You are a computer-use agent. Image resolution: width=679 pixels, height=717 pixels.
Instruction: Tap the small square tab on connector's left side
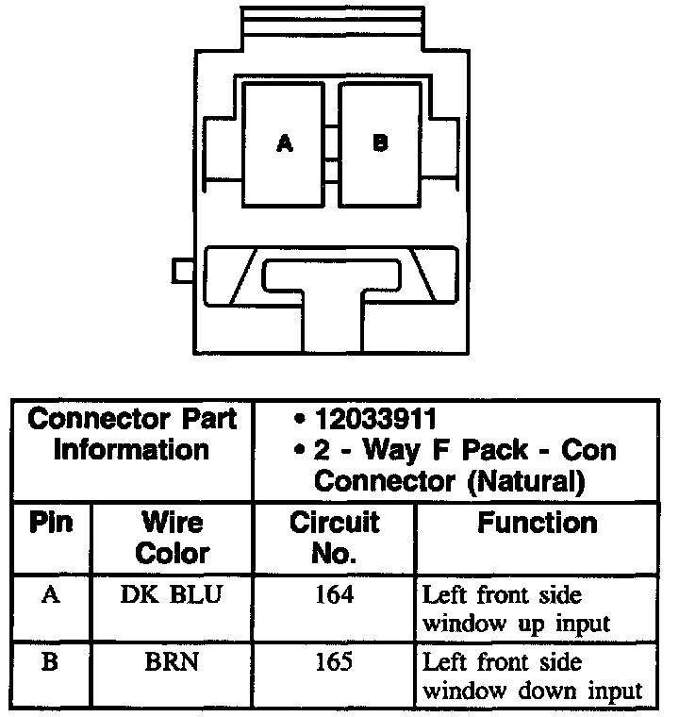click(183, 270)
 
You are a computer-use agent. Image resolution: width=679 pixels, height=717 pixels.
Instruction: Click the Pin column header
click(52, 523)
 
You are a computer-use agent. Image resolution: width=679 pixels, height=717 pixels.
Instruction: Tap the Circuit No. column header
click(334, 537)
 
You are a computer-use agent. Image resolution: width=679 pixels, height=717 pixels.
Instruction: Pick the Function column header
click(537, 523)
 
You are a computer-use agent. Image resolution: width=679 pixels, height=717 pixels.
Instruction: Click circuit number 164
click(334, 596)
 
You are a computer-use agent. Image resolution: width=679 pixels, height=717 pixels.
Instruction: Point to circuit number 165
click(334, 661)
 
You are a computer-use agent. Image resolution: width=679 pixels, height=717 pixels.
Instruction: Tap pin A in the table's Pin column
click(51, 595)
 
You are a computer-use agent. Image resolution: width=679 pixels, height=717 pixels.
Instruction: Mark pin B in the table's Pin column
click(51, 661)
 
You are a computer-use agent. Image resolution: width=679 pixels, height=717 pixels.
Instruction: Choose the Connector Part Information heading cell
click(131, 433)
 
